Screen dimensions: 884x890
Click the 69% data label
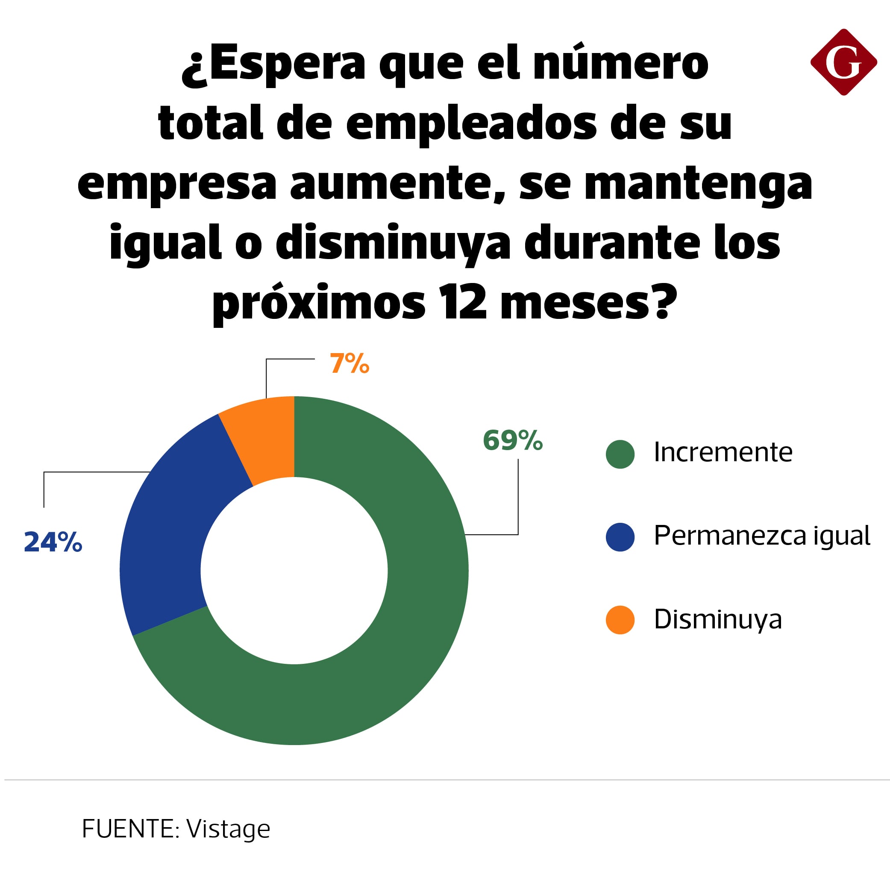point(512,440)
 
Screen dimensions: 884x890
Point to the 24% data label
point(53,542)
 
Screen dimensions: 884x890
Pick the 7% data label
point(349,364)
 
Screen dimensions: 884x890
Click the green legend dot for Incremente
point(620,454)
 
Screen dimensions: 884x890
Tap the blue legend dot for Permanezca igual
point(620,537)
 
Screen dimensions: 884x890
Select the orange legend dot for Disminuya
point(620,620)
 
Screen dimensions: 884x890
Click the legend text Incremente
point(723,452)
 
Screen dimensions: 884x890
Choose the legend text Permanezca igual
point(761,536)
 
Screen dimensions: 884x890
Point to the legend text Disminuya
point(718,619)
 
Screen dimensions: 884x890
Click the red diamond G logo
point(843,62)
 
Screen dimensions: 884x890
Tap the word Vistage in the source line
point(228,829)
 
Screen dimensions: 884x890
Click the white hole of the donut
point(294,571)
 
